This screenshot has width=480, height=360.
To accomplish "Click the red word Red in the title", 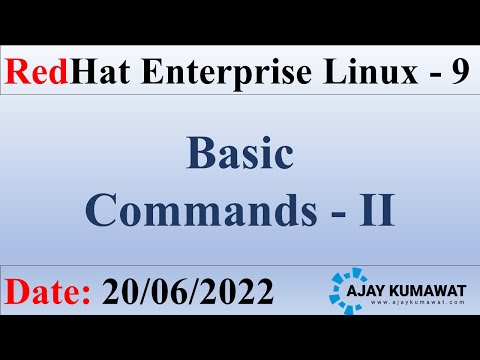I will coord(37,72).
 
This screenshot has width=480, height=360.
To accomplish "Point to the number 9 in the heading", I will coord(456,72).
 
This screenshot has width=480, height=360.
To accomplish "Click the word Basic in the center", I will coord(239,155).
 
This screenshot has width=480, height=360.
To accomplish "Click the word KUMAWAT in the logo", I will coord(438,285).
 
